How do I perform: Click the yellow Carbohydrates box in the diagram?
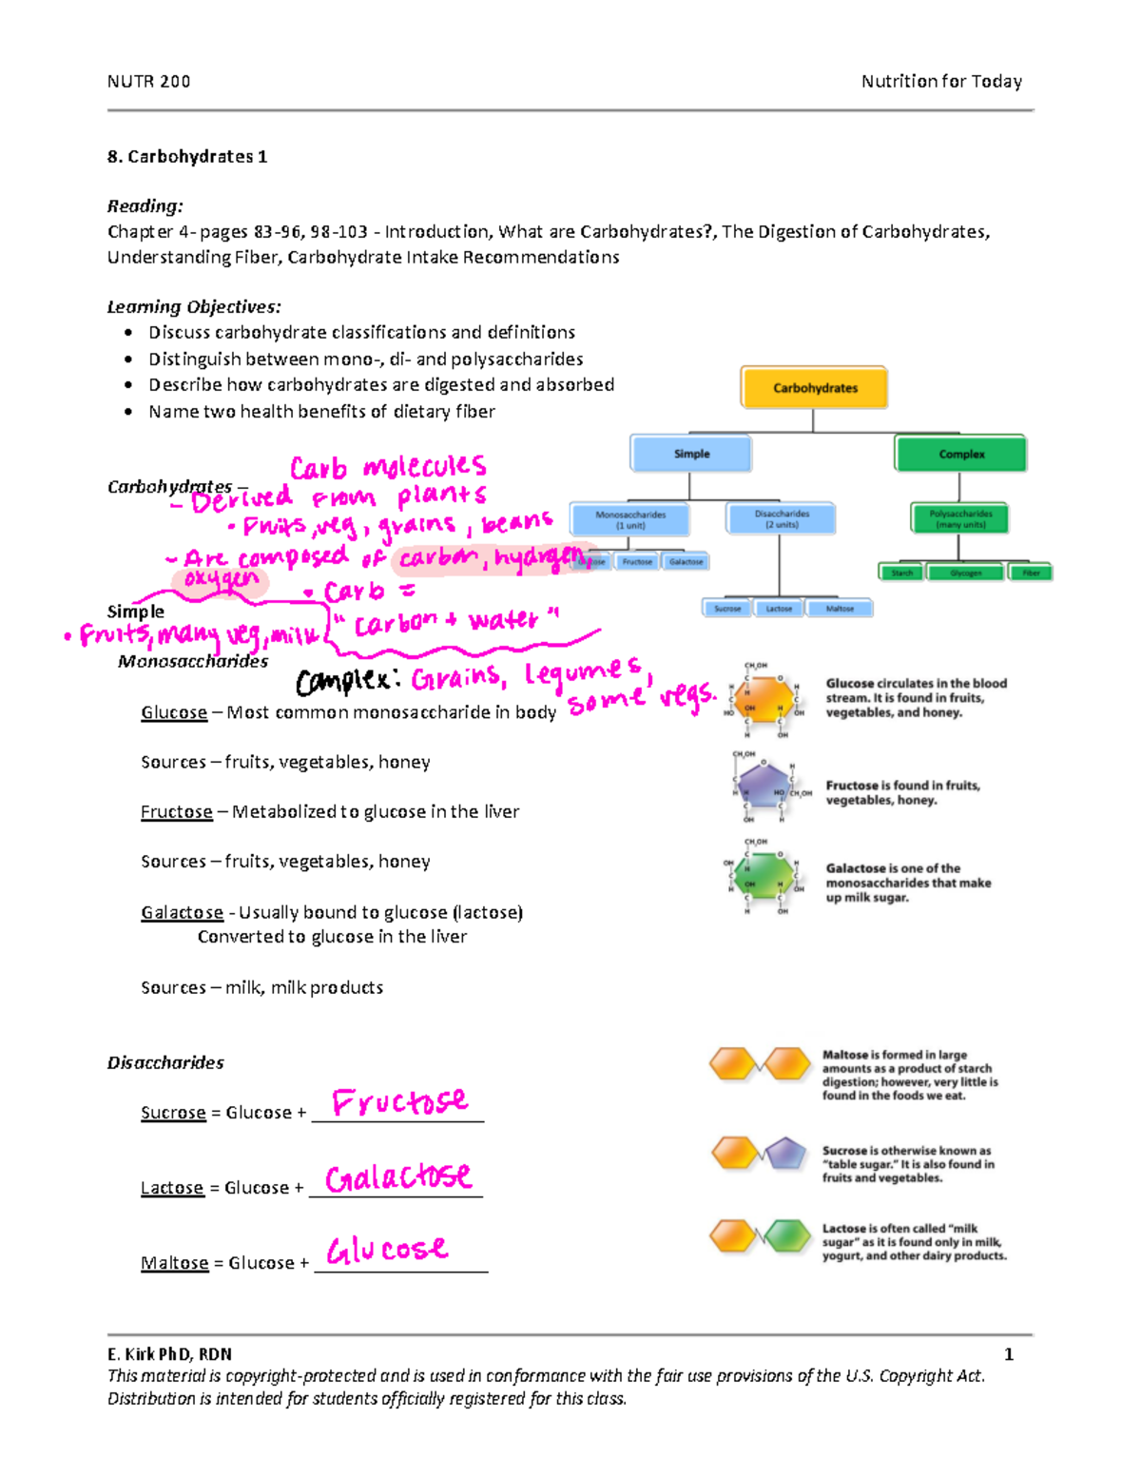(814, 388)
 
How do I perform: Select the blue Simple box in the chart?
(691, 454)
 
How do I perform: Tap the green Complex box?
(960, 454)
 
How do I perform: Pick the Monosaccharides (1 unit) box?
(629, 519)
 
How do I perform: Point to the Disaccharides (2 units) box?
(781, 519)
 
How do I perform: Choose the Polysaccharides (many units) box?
(959, 518)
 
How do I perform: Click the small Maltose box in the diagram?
(839, 609)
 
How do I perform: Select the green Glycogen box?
(965, 573)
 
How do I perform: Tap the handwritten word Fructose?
(399, 1102)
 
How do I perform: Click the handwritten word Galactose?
(397, 1177)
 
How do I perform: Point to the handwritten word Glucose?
(386, 1250)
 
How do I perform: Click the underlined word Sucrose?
(173, 1113)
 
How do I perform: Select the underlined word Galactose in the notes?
(182, 913)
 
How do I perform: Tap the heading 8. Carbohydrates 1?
(187, 157)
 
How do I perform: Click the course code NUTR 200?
(148, 82)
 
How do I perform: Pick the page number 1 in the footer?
(1008, 1354)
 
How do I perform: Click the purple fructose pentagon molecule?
(763, 786)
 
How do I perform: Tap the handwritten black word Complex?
(342, 682)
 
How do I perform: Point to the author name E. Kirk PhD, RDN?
(169, 1354)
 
